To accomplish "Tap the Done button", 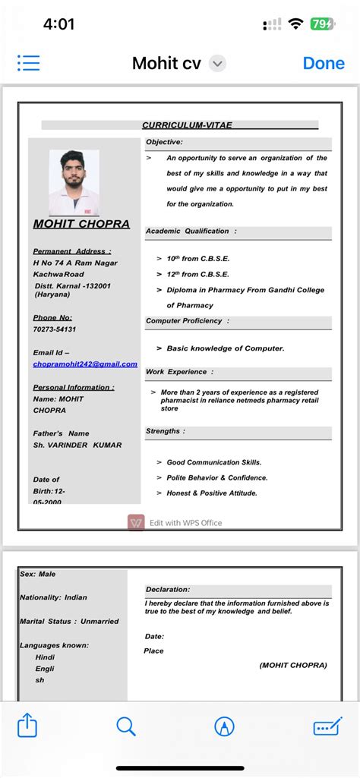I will coord(324,63).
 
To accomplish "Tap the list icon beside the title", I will coord(29,63).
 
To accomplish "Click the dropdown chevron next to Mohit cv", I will coord(217,64).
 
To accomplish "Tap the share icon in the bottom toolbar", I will coord(27,726).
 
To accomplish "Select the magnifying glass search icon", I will coord(126,726).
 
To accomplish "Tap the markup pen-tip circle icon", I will coord(224,726).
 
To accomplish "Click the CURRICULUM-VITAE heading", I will coord(187,125).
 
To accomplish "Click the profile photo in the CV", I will coord(74,182).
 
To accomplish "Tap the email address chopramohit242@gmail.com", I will coord(85,364).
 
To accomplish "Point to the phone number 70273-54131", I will coord(55,329).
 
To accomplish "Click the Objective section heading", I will coord(164,142).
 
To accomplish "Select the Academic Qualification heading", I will coord(191,231).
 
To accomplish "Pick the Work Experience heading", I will coord(179,372).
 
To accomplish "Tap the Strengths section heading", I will coord(166,431).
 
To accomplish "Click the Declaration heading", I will coord(168,589).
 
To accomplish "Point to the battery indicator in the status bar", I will coord(321,24).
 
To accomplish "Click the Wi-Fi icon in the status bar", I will coord(295,24).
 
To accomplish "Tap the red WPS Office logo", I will coord(136,522).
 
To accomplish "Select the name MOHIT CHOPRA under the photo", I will coord(81,224).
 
